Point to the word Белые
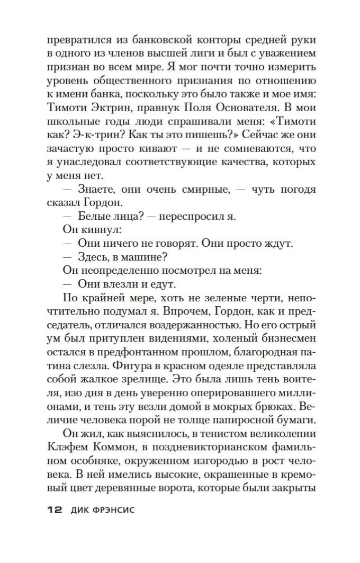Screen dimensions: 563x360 (95, 218)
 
